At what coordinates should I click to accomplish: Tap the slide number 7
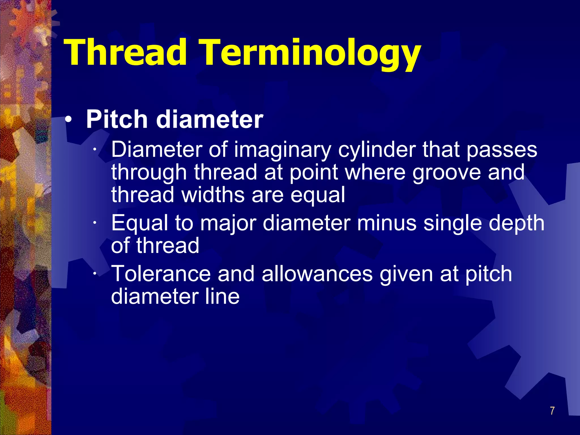coord(552,411)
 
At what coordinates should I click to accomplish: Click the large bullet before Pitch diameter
coord(69,120)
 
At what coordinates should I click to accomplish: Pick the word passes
coord(502,150)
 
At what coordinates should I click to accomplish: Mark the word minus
coord(387,223)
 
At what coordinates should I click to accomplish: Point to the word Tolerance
coord(161,274)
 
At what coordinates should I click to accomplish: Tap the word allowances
coord(317,274)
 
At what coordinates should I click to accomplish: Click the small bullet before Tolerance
coord(95,274)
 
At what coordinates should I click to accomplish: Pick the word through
coord(149,173)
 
